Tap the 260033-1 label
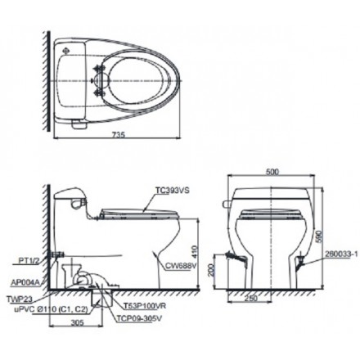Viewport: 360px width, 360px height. pos(341,255)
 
